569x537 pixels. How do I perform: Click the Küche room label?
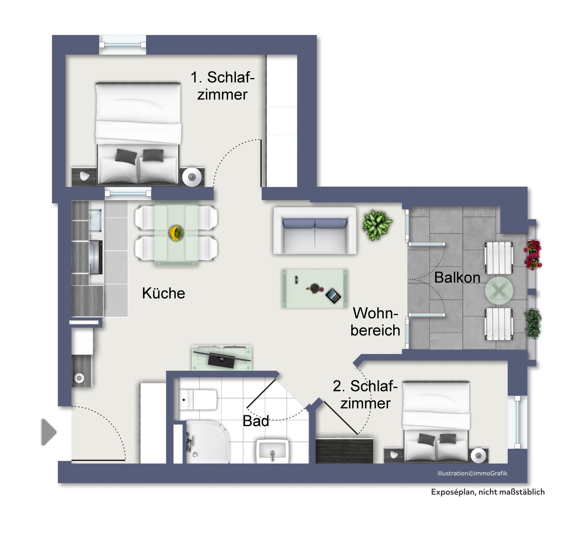163,293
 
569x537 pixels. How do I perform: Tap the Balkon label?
457,277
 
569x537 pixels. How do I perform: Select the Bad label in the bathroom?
256,421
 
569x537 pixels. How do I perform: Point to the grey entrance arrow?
49,432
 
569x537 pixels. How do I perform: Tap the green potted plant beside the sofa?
377,225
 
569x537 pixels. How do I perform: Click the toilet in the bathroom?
198,400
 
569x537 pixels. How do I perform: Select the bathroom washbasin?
272,451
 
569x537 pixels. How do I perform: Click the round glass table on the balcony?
499,291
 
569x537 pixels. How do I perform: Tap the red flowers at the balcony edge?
533,255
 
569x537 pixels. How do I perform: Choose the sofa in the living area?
315,231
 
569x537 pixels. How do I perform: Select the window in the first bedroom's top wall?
122,45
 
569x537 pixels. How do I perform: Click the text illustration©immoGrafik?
472,473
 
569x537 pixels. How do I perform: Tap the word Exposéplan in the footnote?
454,492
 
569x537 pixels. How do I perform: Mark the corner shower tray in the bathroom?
208,442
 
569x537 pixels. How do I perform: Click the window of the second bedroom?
517,422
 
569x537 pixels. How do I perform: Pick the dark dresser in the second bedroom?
345,450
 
